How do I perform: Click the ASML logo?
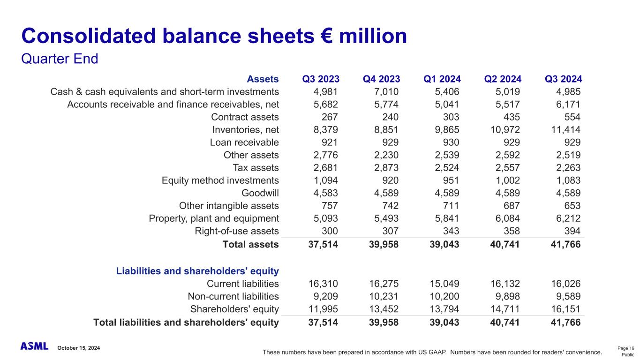(x=34, y=346)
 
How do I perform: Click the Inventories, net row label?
(x=245, y=129)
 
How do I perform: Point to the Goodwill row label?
(x=260, y=193)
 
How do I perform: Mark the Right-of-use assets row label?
(x=237, y=231)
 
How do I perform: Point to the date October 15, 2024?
(x=79, y=348)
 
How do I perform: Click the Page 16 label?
(x=625, y=348)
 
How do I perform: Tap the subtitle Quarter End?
(x=60, y=60)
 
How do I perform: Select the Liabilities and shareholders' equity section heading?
(x=197, y=271)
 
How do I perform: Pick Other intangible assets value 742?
(x=389, y=205)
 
